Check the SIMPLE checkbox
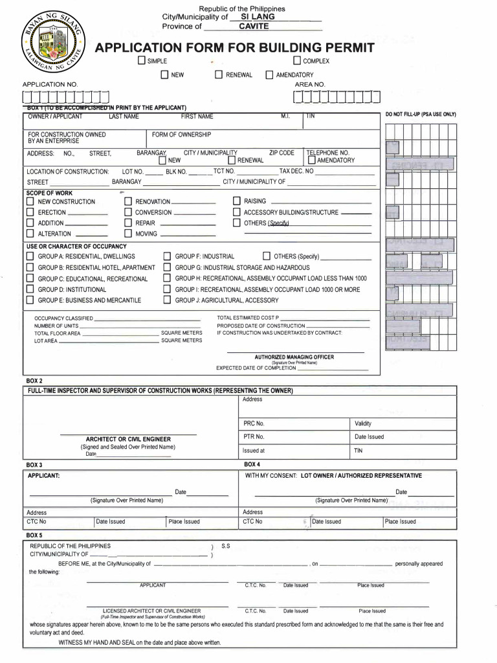(x=141, y=61)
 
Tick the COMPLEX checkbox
(x=297, y=61)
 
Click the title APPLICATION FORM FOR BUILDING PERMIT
(x=235, y=48)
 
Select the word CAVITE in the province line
(x=254, y=27)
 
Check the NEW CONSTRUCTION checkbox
(x=30, y=202)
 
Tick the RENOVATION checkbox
(x=128, y=202)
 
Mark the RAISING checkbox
(x=237, y=201)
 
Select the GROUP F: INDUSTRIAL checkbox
(x=168, y=256)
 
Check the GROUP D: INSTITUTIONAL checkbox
(x=30, y=289)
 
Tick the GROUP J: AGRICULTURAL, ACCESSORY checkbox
(x=168, y=300)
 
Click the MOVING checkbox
(x=128, y=234)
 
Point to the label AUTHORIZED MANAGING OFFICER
(x=294, y=357)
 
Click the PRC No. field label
(x=254, y=423)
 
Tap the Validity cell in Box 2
(x=363, y=423)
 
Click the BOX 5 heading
(x=34, y=535)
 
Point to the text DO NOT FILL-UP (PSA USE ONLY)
(x=421, y=115)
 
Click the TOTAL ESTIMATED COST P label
(x=252, y=318)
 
